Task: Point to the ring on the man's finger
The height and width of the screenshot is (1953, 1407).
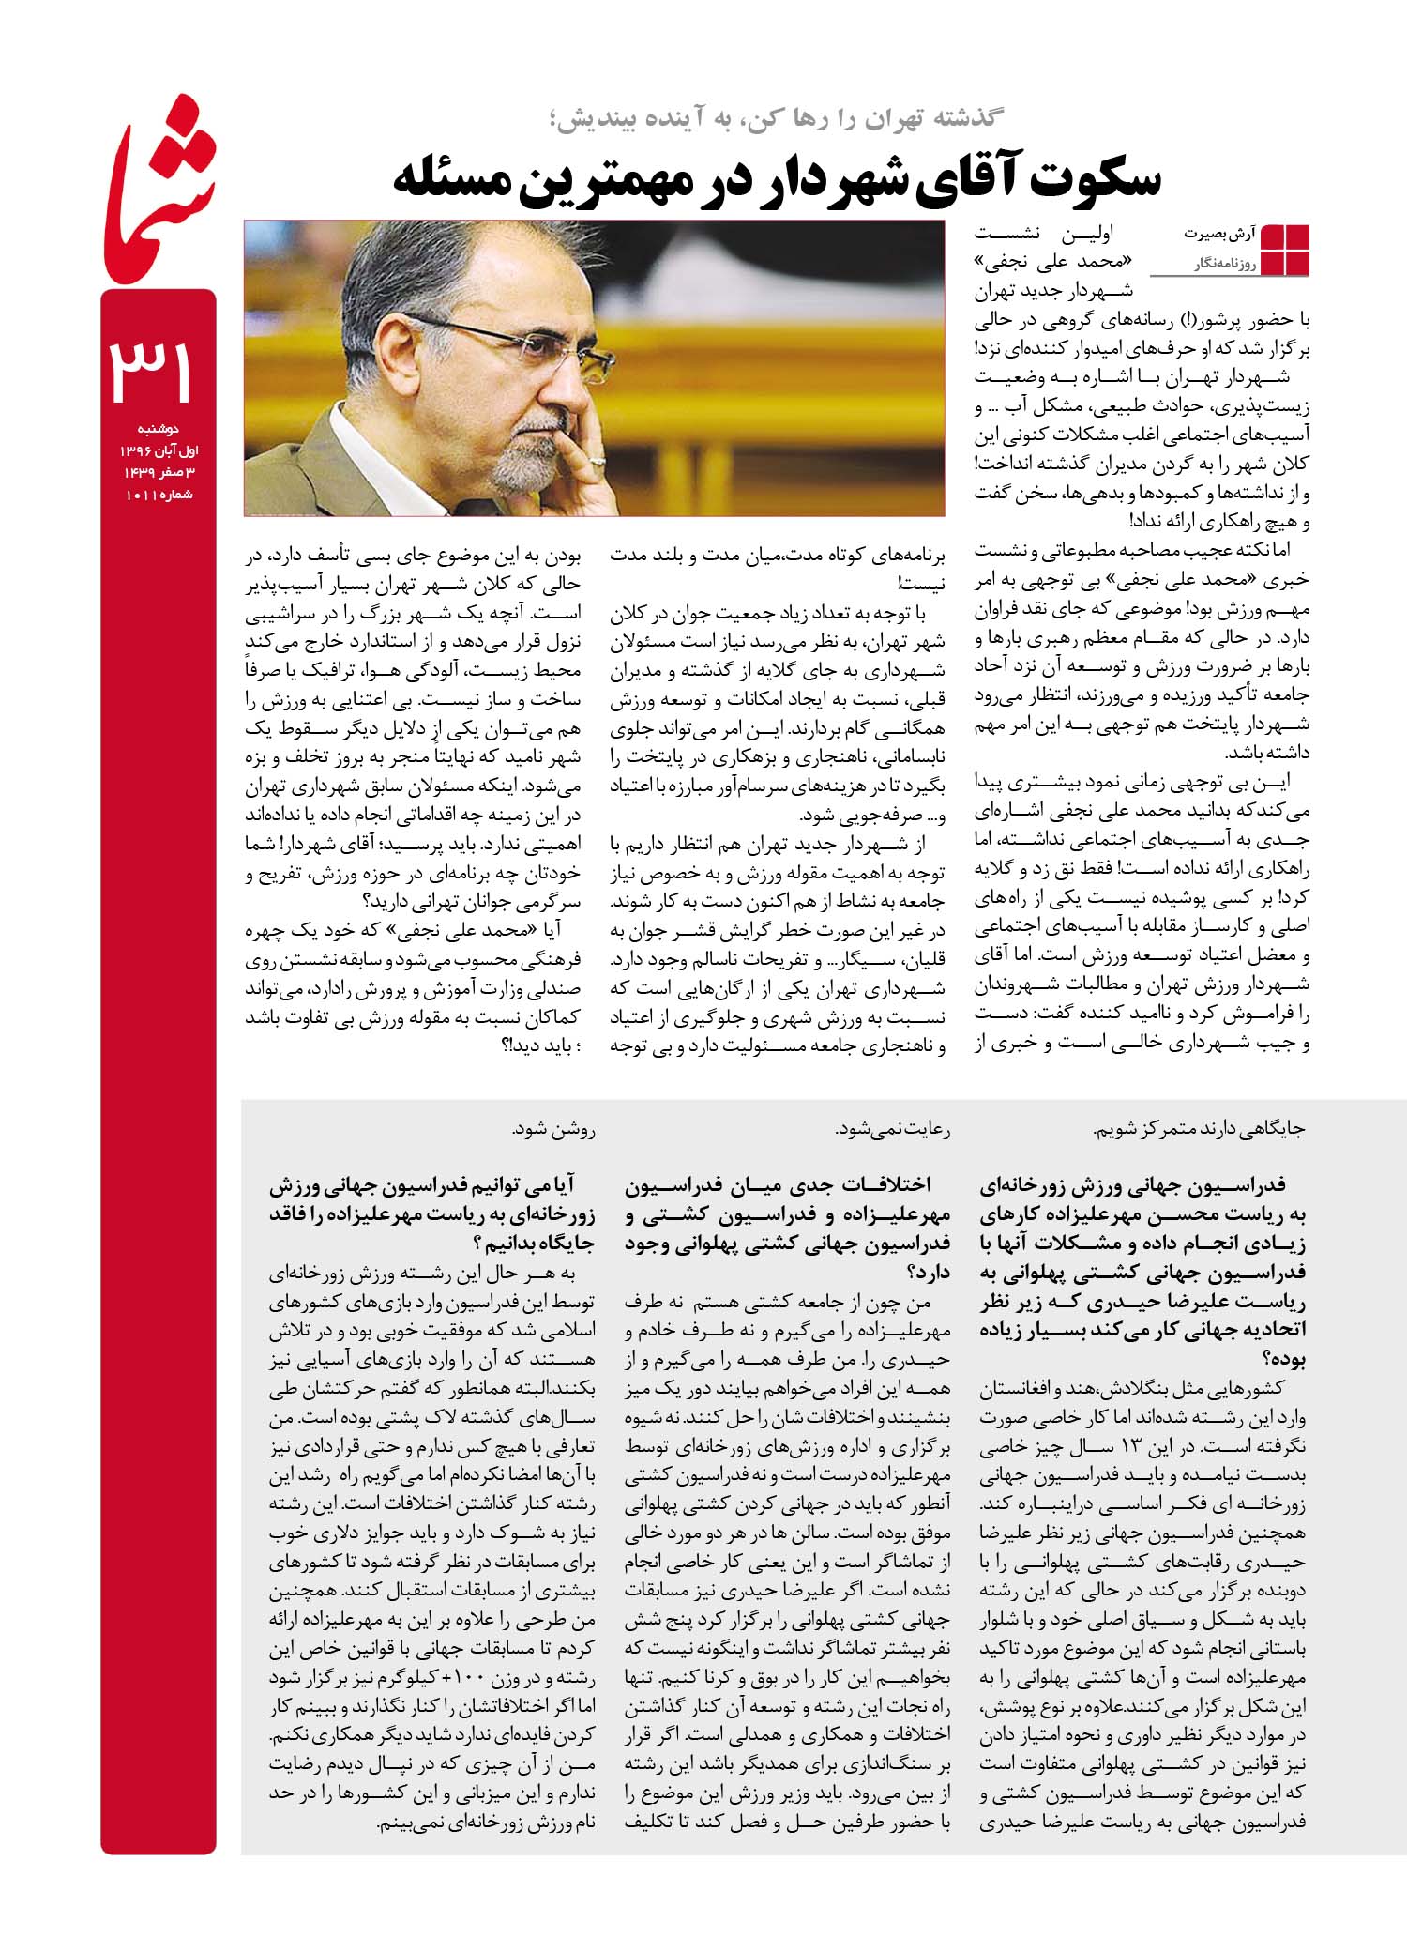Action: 598,461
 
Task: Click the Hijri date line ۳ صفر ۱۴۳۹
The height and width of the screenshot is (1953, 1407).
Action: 158,473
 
